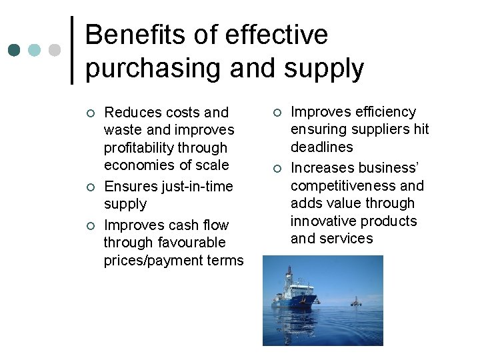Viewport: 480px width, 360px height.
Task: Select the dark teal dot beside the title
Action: click(x=13, y=50)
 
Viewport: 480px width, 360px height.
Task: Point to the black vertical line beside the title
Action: click(x=71, y=50)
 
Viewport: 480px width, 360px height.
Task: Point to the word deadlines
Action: click(x=321, y=147)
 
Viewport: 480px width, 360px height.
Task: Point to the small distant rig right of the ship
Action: click(x=355, y=301)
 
